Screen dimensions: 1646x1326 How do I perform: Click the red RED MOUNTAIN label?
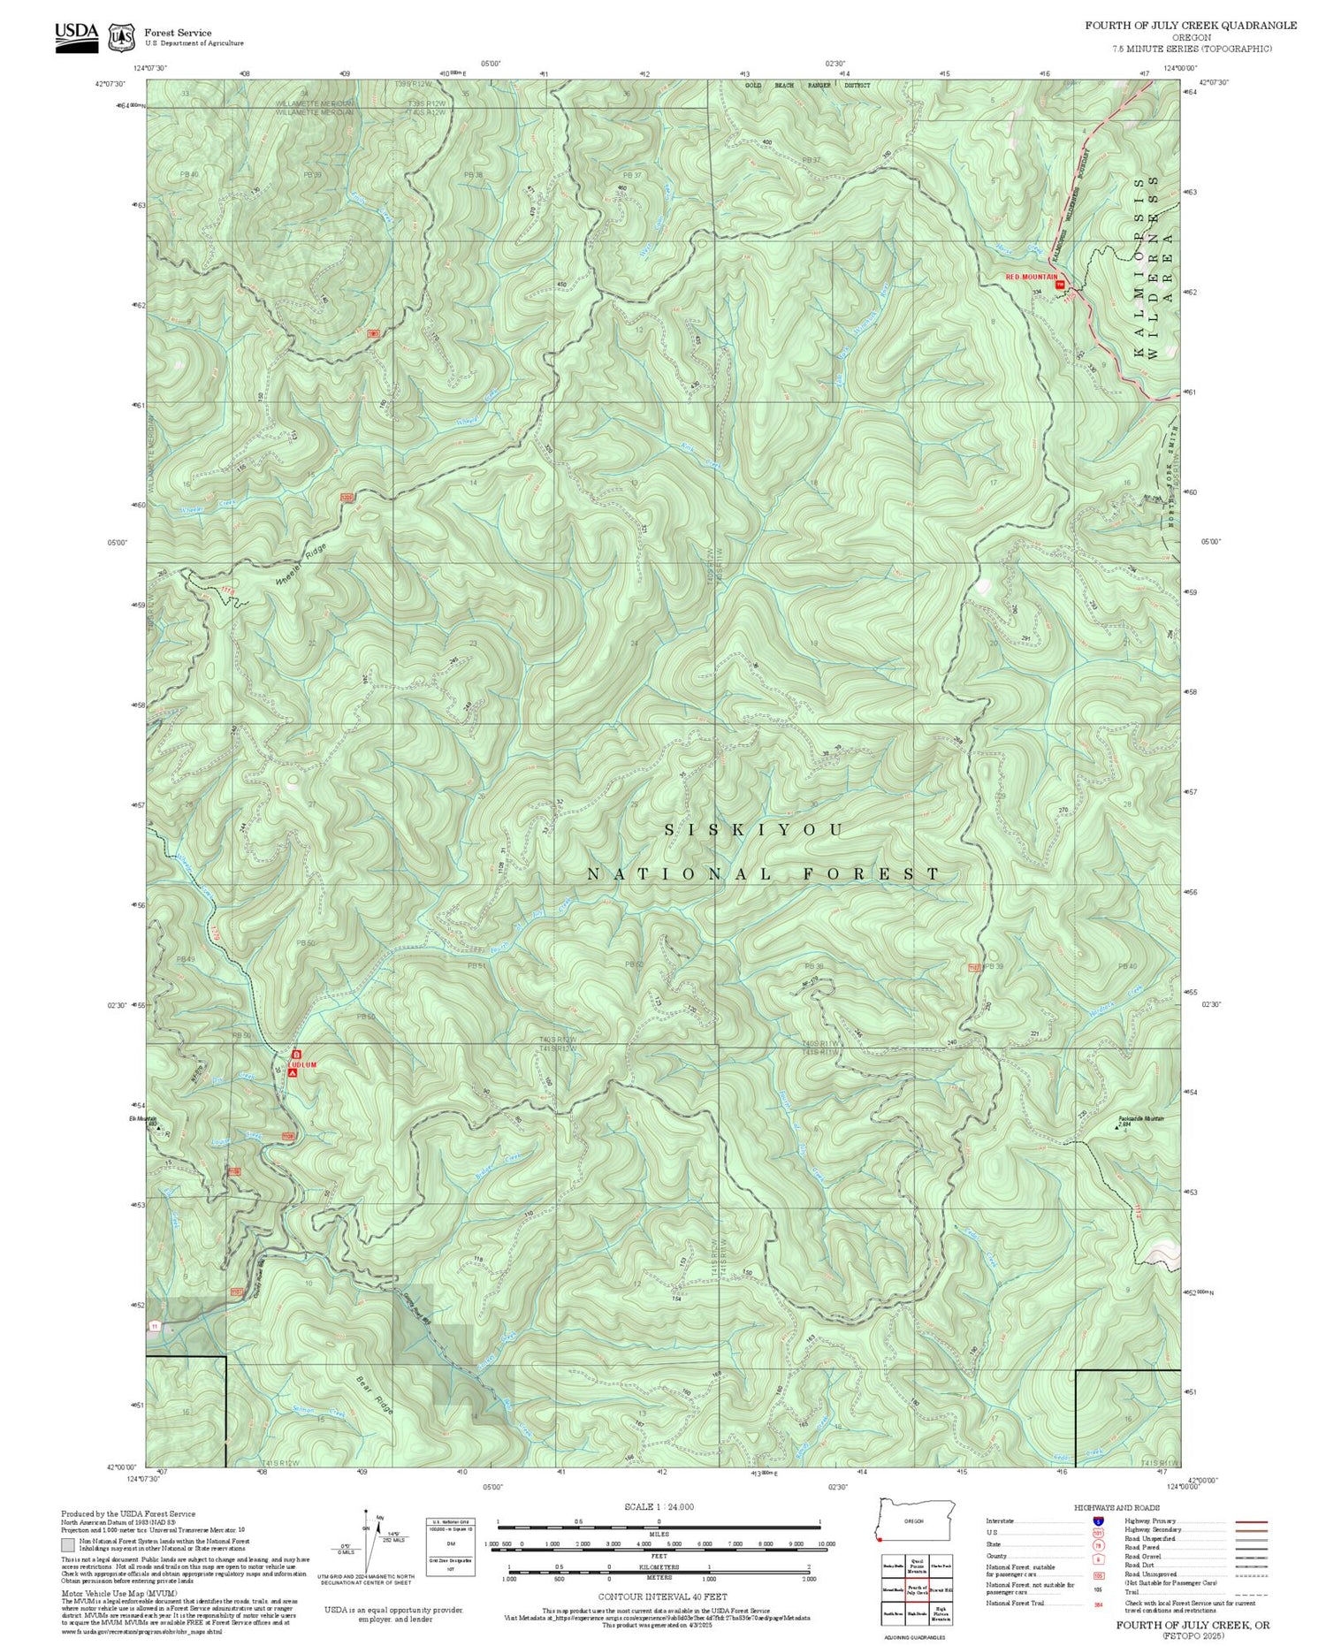tap(1031, 277)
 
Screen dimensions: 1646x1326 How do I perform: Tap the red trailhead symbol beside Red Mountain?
tap(1061, 284)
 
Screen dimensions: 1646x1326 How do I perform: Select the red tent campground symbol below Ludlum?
tap(293, 1073)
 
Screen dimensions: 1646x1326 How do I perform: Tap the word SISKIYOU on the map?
tap(754, 830)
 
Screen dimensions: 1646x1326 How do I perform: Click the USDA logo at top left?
tap(77, 36)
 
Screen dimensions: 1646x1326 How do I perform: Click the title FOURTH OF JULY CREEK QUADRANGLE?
tap(1191, 26)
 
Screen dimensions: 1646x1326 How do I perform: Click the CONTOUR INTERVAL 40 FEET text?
tap(662, 1596)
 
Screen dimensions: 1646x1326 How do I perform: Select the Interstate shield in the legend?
tap(1098, 1520)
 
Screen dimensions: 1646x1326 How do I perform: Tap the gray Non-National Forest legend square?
tap(68, 1545)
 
